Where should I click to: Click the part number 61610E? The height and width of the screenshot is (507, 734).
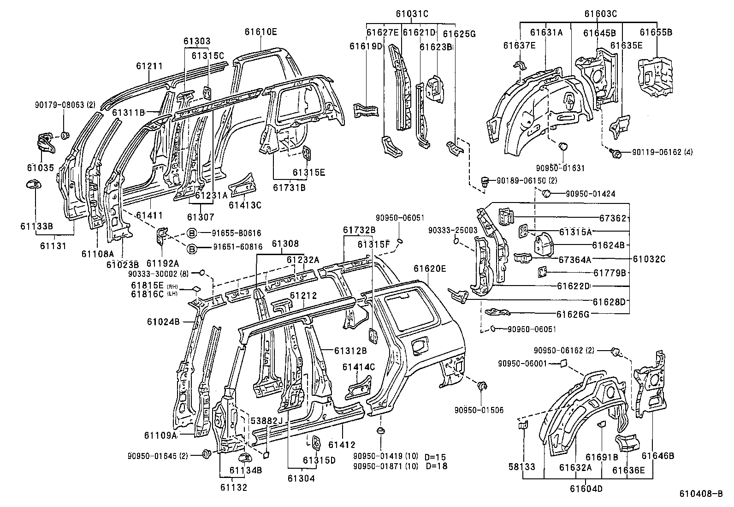pos(261,31)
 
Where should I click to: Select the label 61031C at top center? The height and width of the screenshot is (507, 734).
pos(411,14)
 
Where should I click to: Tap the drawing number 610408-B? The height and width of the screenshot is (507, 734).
pos(700,494)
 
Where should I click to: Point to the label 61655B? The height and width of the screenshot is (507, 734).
pos(656,32)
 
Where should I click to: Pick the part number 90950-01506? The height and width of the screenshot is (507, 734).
pos(479,410)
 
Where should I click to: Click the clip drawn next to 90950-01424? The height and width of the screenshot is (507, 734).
pos(546,193)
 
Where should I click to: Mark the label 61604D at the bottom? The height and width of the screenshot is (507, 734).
pos(586,489)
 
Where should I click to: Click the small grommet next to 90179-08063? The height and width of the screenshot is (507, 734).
pos(65,135)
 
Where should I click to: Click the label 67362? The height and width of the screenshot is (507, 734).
pos(612,218)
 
